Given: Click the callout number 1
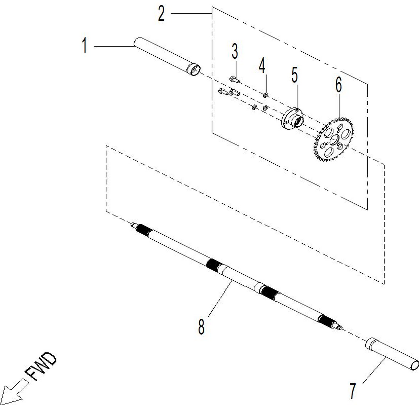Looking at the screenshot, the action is (84, 46).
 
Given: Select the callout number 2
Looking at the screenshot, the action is (161, 13).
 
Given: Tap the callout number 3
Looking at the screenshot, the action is (235, 51).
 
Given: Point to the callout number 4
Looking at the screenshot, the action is (262, 66).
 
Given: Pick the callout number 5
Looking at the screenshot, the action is (294, 75).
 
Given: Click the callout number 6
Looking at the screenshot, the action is (338, 84).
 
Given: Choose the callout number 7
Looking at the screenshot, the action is (353, 391).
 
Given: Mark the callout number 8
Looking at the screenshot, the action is (201, 326).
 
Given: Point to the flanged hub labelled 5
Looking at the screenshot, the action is (292, 119).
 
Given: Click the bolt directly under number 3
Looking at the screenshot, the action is (235, 80).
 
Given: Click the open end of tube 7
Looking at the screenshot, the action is (415, 365).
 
